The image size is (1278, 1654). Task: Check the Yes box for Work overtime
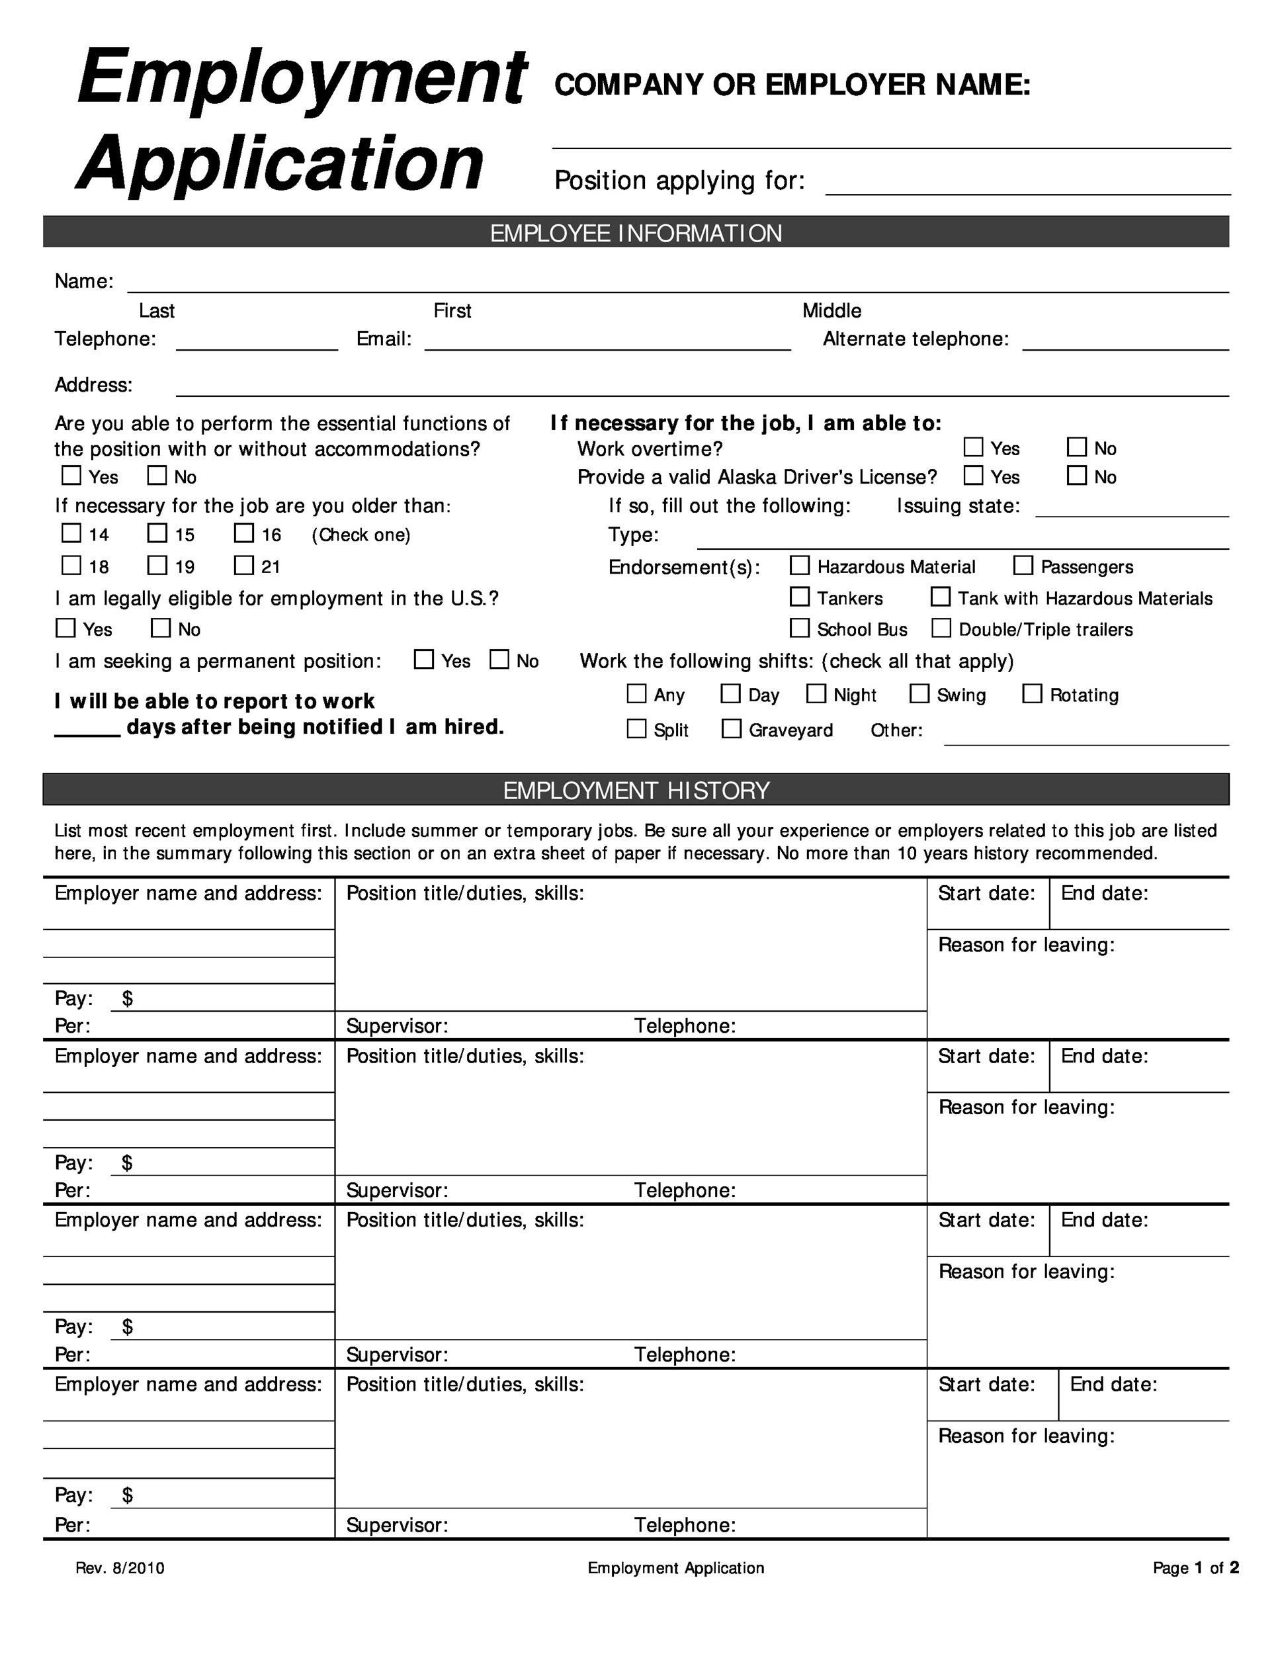973,448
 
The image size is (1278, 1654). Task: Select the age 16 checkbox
244,533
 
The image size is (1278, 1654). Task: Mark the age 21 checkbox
244,565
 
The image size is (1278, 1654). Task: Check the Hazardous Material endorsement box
800,566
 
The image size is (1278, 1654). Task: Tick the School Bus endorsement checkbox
800,628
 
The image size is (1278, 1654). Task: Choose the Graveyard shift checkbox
732,728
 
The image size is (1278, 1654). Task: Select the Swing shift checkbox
919,694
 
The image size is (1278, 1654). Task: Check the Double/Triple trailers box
941,628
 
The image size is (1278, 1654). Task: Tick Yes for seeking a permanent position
424,660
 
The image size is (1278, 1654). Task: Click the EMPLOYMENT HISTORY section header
636,790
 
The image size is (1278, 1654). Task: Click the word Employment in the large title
302,77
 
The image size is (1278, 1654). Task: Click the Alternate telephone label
916,339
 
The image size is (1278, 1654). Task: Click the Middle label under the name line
831,310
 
